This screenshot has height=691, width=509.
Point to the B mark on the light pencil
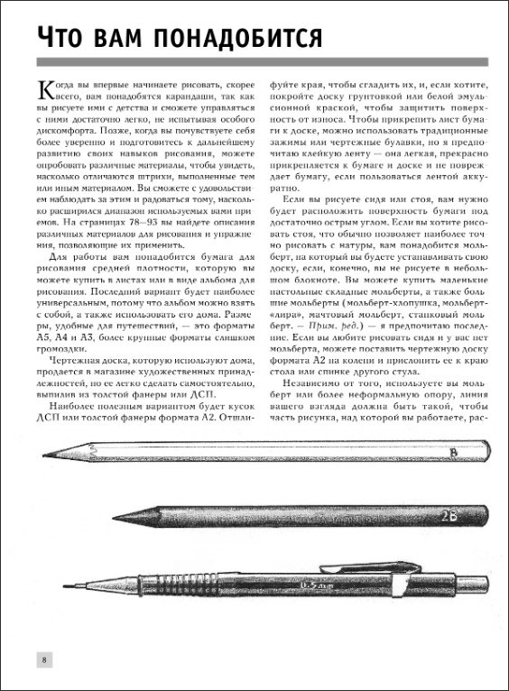(x=453, y=452)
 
